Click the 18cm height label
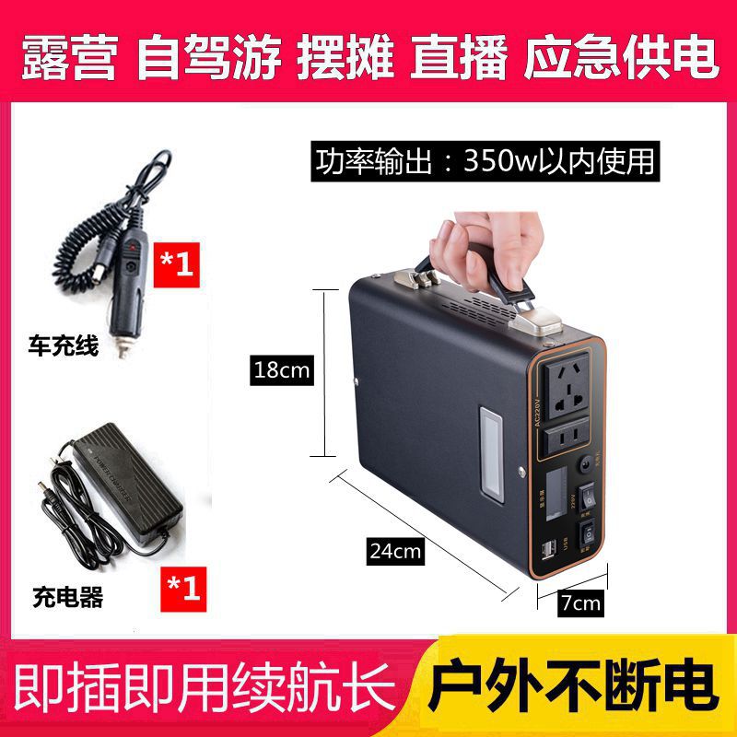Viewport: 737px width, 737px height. click(284, 370)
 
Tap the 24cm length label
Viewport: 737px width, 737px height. click(394, 552)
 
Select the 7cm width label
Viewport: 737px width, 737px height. click(581, 603)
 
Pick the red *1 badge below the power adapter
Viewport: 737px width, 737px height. click(182, 587)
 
